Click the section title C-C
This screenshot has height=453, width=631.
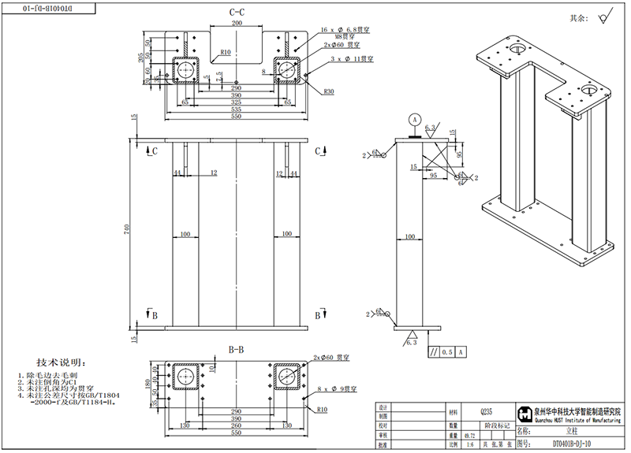point(237,13)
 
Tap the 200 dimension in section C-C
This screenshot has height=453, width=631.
point(237,24)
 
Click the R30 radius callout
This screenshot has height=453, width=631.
point(328,91)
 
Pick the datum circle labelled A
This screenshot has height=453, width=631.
point(414,120)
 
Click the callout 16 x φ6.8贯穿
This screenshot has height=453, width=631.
point(346,28)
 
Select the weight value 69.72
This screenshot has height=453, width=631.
point(470,434)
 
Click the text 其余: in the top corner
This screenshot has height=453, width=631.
point(579,17)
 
